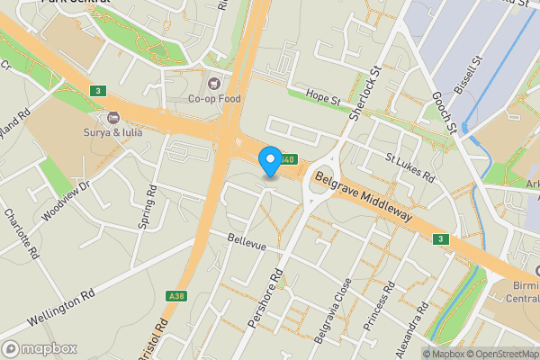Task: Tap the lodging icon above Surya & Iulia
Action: click(x=112, y=118)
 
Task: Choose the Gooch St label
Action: click(x=446, y=108)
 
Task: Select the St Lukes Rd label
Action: click(x=409, y=167)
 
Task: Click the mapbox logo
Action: click(x=40, y=348)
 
